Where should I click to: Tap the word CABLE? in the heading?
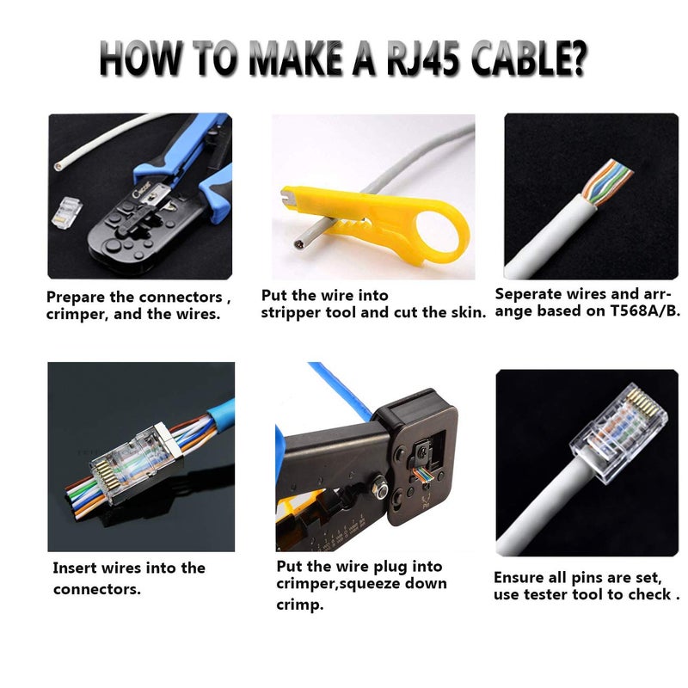[527, 61]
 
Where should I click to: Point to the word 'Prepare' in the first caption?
[78, 297]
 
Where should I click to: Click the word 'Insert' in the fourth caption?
[75, 568]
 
